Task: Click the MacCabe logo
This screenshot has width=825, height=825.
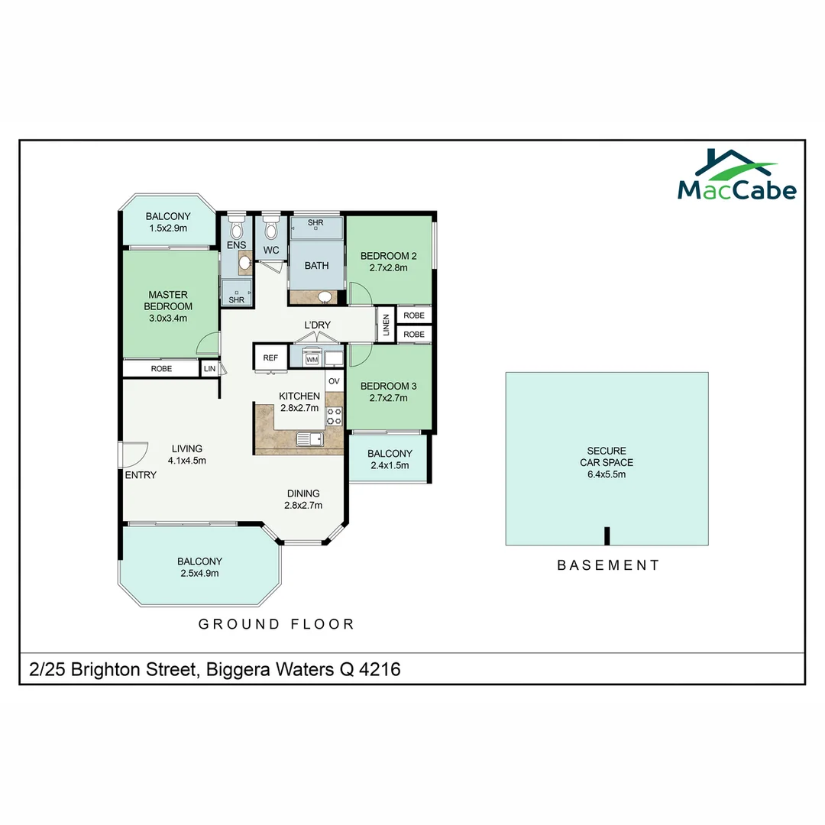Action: coord(736,176)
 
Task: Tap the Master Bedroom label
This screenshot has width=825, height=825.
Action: coord(168,301)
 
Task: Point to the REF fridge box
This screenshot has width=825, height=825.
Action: coord(270,357)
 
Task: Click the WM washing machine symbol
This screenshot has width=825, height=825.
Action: coord(311,358)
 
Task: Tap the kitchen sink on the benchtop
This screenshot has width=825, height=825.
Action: coord(310,438)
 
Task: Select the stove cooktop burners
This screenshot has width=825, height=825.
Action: coord(335,416)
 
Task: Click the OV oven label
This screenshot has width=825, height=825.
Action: coord(334,380)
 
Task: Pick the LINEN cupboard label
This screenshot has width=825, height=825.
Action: coord(386,325)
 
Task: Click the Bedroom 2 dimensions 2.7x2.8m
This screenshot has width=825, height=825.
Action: coord(388,268)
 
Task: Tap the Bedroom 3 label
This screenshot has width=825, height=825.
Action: coord(388,386)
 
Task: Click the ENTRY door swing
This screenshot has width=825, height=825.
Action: coord(134,455)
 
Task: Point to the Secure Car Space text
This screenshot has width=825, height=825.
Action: coord(607,457)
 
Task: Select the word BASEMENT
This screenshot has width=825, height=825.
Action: coord(608,565)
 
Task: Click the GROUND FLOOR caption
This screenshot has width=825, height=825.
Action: coord(277,624)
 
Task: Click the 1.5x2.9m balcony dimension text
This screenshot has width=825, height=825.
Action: coord(168,228)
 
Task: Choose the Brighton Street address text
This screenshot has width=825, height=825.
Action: coord(215,670)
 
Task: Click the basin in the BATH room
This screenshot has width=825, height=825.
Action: coord(325,296)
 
